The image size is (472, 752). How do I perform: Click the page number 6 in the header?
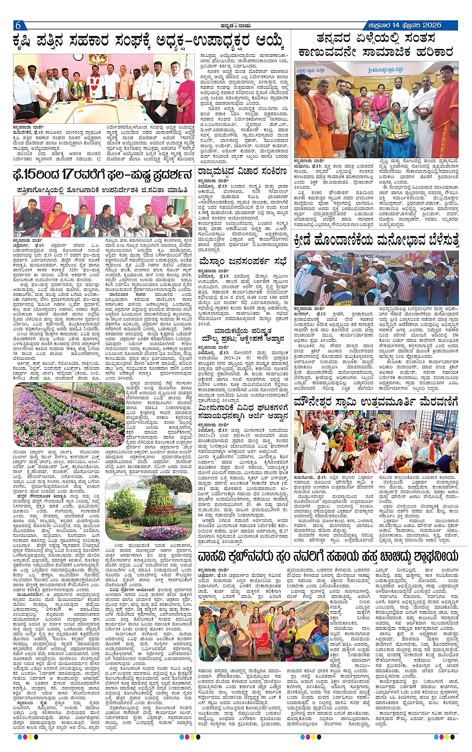point(17,26)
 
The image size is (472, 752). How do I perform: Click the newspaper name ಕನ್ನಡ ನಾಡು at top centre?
point(236,25)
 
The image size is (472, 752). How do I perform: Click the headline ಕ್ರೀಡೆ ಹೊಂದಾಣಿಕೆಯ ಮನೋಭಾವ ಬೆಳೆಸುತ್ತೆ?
point(376,241)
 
